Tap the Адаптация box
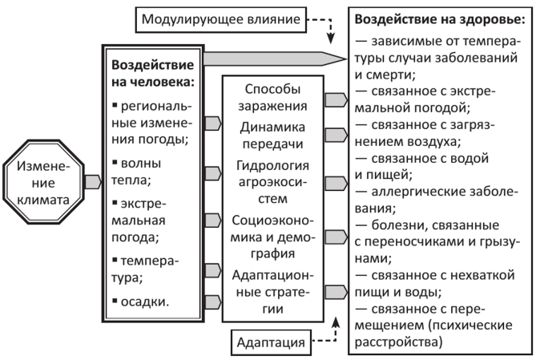[271, 344]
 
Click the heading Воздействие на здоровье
[438, 17]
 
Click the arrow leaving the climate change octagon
[91, 180]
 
